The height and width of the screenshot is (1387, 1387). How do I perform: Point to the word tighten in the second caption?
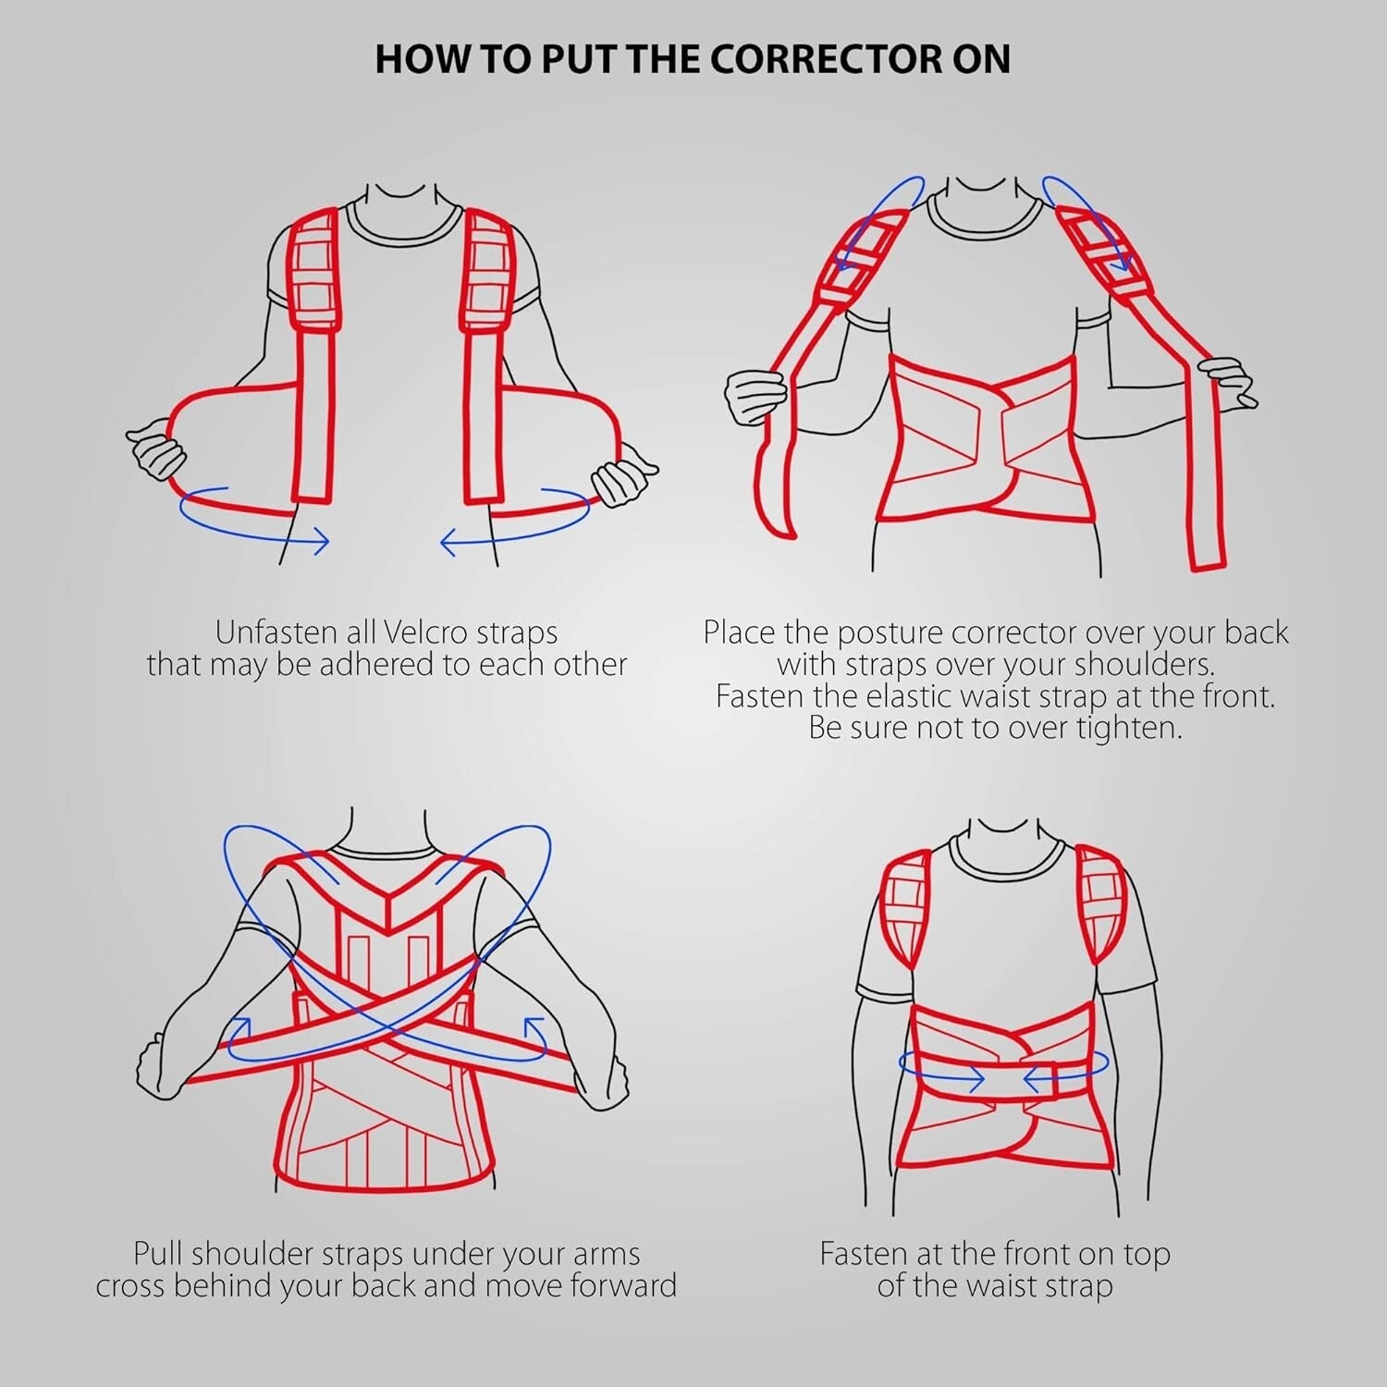point(1129,728)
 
